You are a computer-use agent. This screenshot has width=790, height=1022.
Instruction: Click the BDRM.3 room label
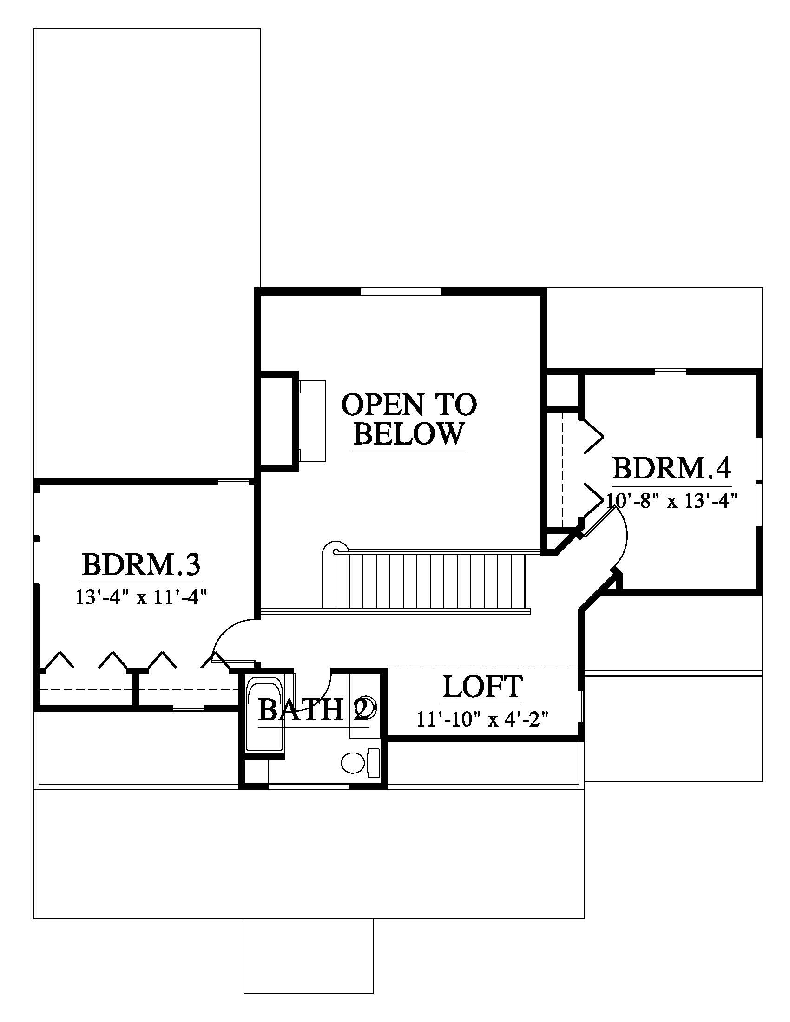(141, 565)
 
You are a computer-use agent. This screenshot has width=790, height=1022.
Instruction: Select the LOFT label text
(482, 687)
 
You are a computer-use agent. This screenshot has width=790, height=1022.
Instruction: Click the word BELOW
(408, 433)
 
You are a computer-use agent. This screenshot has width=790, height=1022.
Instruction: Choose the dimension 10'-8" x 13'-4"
(672, 501)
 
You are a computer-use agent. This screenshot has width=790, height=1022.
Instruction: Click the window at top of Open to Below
(401, 292)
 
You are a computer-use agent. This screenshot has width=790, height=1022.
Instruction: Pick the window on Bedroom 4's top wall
(670, 372)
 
